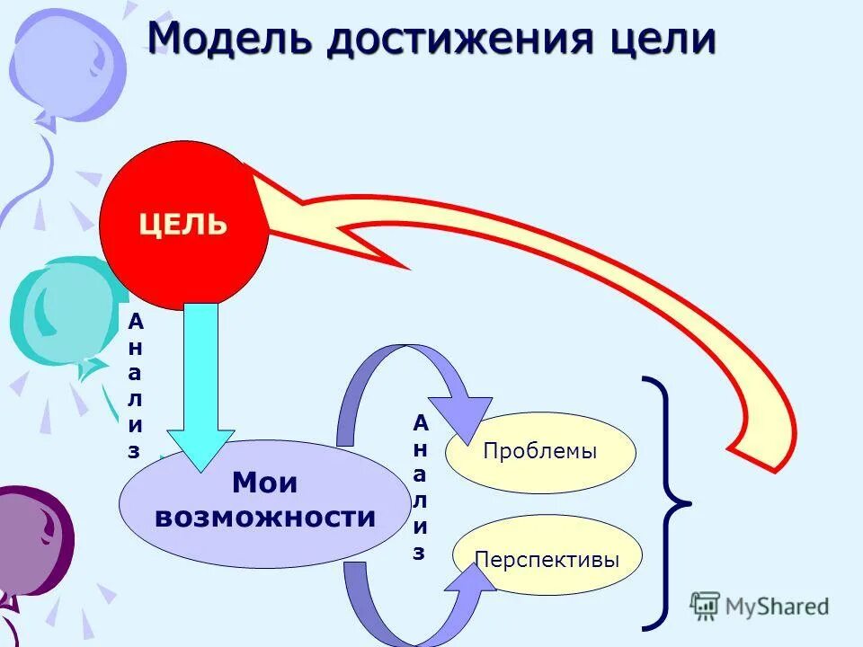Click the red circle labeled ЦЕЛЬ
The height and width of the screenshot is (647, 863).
click(183, 225)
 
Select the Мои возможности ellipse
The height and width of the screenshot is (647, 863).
click(264, 503)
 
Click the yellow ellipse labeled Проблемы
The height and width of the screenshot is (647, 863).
click(540, 451)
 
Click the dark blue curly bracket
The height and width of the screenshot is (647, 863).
click(666, 502)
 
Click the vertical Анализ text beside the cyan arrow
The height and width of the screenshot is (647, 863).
click(134, 386)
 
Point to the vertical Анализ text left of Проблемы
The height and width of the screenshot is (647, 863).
click(420, 488)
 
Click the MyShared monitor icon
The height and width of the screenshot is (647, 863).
click(706, 607)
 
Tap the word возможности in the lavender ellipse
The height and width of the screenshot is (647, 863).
click(264, 518)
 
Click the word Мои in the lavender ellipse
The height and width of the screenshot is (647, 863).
click(264, 484)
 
